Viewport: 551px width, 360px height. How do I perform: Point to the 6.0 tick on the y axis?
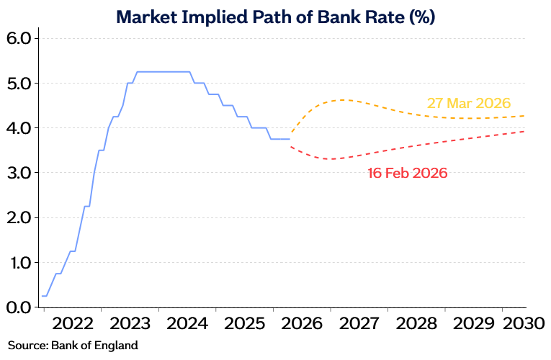pos(19,39)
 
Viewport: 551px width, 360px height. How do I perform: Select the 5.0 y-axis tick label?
pos(19,84)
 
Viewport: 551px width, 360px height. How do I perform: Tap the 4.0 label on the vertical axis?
pos(19,128)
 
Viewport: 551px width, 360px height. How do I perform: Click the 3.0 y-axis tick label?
pos(19,173)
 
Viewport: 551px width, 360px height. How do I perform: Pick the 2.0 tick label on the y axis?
pos(19,217)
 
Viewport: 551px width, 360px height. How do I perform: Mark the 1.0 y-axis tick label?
pos(20,262)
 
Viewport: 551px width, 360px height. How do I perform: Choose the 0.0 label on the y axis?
pos(19,307)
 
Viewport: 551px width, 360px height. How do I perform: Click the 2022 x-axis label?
pos(73,323)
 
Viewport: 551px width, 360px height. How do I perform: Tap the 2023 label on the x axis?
pos(130,323)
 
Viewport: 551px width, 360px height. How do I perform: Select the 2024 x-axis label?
pos(187,323)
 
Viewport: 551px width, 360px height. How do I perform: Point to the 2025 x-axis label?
pos(245,323)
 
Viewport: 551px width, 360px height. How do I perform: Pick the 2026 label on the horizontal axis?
pos(302,323)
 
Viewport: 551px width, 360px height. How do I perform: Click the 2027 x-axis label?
pos(359,323)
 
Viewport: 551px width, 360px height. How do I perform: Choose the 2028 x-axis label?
pos(416,323)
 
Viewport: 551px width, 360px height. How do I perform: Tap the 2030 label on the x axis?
pos(524,323)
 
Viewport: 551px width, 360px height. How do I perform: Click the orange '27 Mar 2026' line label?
pos(469,103)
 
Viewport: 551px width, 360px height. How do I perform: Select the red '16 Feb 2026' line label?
pos(408,173)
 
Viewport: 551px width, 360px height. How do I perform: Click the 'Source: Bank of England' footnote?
pos(73,346)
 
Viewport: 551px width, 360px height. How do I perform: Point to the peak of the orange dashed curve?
pos(341,100)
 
